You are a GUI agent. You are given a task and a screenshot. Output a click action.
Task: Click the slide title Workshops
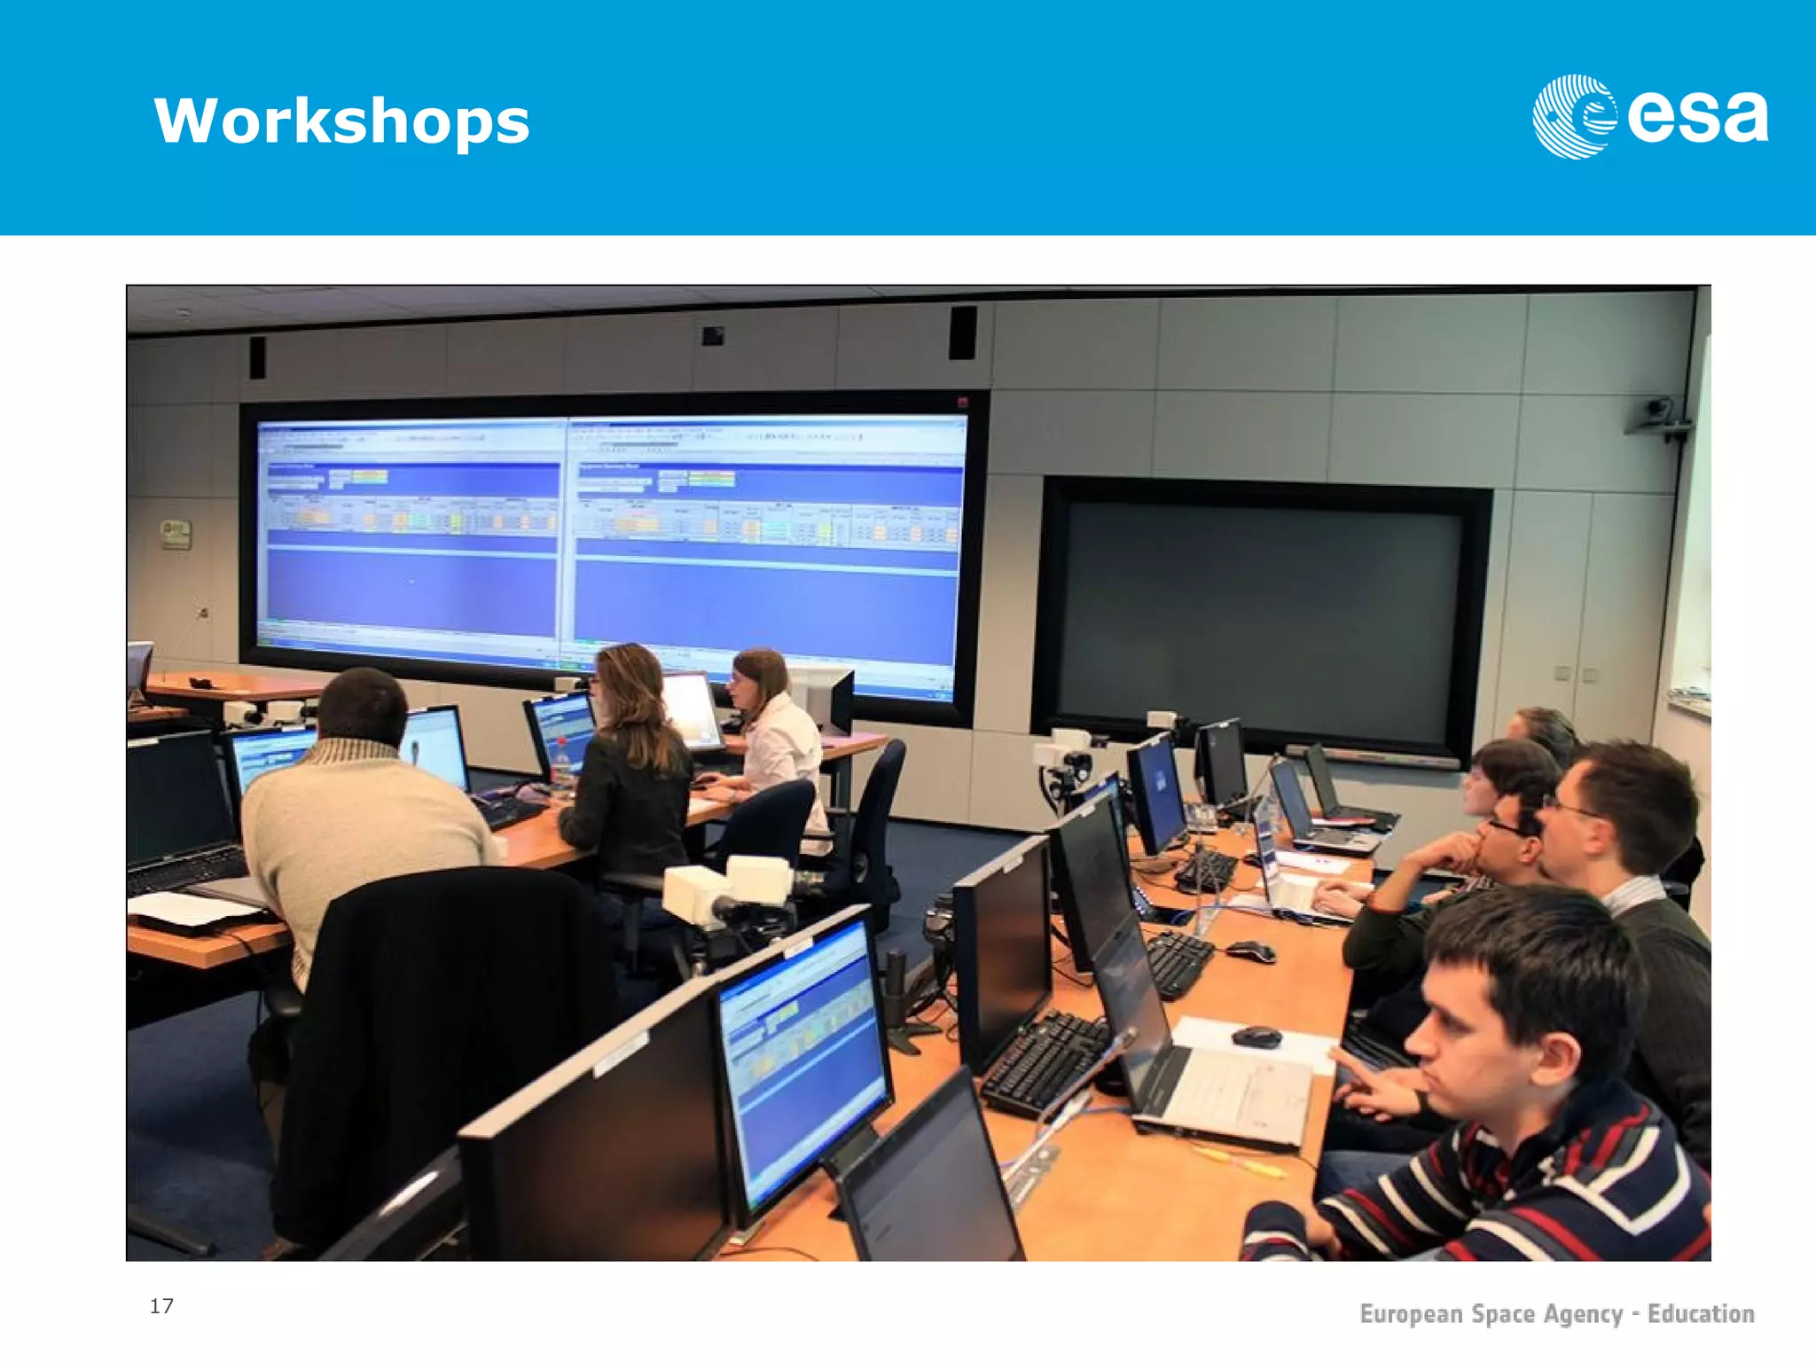point(341,121)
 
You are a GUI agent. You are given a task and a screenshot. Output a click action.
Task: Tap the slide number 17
point(161,1305)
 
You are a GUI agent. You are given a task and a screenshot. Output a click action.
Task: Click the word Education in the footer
point(1700,1313)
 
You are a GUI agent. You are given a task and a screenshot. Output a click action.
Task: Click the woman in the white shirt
point(777,736)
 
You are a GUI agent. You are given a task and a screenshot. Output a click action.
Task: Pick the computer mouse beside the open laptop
point(1256,1036)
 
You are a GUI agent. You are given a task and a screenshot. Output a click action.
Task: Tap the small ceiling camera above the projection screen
point(713,336)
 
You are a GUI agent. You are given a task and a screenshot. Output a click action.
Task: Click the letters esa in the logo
point(1697,117)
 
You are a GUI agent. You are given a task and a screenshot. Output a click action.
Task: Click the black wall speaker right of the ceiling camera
point(962,333)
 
